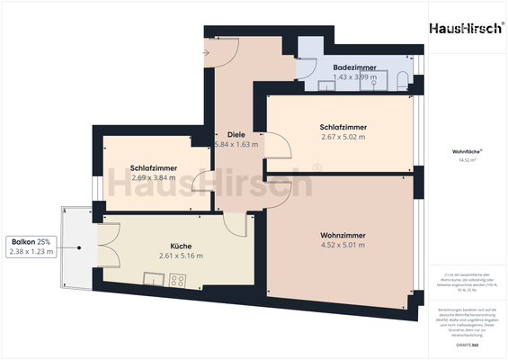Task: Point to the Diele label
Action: [x=236, y=134]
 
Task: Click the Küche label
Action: [x=181, y=246]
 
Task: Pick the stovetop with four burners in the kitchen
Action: [x=176, y=281]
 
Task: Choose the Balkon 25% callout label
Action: [x=31, y=242]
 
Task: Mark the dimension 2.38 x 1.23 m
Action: [x=31, y=252]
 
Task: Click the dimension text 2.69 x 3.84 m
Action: [x=153, y=178]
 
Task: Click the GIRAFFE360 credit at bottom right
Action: [x=468, y=344]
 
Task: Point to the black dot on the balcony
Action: [x=80, y=247]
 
